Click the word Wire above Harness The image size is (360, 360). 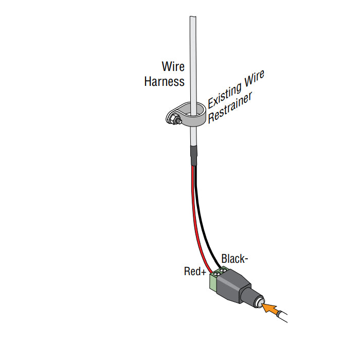(173, 66)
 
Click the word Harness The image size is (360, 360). (164, 81)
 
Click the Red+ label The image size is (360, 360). (195, 271)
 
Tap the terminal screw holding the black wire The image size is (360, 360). (224, 270)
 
